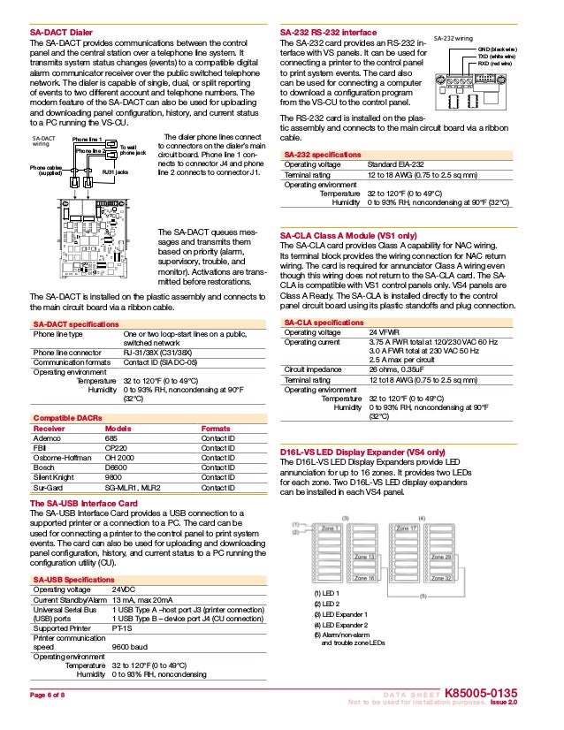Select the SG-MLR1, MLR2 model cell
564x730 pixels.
[x=133, y=487]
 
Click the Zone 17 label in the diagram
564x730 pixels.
[x=407, y=528]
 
